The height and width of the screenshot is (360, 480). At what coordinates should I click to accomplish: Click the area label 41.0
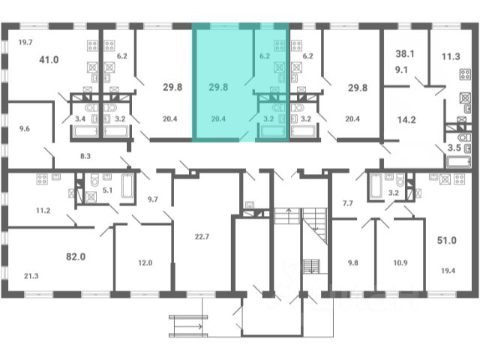(49, 59)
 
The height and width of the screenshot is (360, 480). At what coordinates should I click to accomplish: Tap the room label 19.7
(25, 42)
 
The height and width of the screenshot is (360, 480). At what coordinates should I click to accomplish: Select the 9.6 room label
(25, 128)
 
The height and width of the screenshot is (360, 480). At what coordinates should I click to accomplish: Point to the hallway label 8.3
(85, 156)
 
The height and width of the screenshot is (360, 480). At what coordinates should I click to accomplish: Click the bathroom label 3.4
(80, 118)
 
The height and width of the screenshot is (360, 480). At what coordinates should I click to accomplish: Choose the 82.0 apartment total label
(76, 256)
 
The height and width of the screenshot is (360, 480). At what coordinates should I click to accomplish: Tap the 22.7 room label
(202, 237)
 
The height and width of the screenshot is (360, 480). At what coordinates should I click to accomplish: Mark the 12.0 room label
(145, 262)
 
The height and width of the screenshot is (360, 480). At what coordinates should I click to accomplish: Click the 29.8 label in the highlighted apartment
(218, 87)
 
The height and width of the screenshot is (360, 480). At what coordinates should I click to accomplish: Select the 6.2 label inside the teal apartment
(265, 56)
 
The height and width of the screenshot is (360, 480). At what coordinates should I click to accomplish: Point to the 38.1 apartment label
(405, 54)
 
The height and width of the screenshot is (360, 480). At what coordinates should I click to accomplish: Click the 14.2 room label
(406, 120)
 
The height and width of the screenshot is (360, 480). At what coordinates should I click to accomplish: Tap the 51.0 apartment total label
(447, 240)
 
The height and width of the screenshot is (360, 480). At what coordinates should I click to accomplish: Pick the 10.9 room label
(400, 262)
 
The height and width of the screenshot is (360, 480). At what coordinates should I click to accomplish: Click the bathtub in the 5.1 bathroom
(127, 185)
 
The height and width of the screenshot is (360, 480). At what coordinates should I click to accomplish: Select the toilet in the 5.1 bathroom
(94, 180)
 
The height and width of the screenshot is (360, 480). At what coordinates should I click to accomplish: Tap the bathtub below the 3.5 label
(458, 162)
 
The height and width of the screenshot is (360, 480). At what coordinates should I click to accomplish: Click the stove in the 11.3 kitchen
(465, 74)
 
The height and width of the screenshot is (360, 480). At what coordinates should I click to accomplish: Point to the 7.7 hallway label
(348, 203)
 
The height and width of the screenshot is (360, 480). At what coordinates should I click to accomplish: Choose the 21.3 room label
(31, 276)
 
